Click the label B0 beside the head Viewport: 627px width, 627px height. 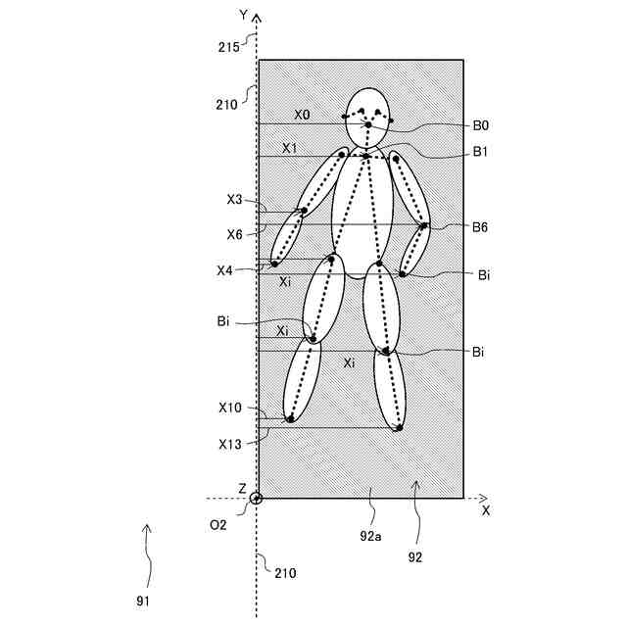click(x=481, y=125)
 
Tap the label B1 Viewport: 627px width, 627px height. click(x=481, y=152)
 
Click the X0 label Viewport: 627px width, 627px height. click(x=302, y=115)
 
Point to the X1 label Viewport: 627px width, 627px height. click(x=290, y=148)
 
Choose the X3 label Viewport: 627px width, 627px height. click(x=234, y=199)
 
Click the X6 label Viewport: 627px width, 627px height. click(x=234, y=234)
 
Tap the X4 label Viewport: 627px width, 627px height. click(x=225, y=270)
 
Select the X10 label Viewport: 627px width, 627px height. click(x=230, y=407)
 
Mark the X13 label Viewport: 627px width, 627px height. click(x=230, y=444)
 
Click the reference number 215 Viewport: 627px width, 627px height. click(x=229, y=45)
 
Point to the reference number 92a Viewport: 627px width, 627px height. click(x=371, y=536)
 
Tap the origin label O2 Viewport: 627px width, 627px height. click(x=217, y=524)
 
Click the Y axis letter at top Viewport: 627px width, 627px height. click(x=242, y=15)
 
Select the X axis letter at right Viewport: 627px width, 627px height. click(x=486, y=511)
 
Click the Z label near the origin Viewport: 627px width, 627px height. click(x=242, y=487)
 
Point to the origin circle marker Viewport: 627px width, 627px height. click(x=257, y=498)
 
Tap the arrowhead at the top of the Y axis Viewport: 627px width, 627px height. click(x=257, y=18)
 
